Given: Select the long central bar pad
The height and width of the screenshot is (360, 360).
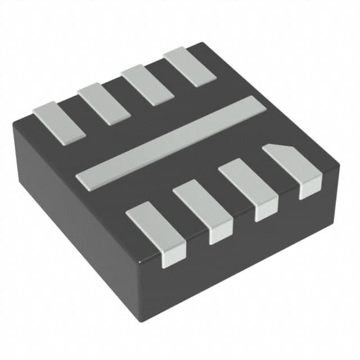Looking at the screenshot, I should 170,143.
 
